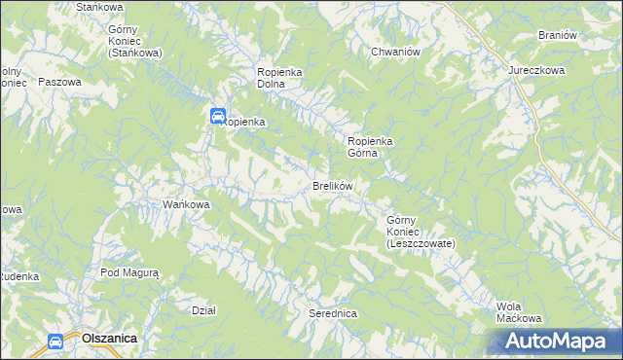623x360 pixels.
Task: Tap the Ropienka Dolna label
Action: (x=283, y=79)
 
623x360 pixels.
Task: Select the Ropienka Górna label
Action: (x=370, y=147)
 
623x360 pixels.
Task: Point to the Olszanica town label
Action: (x=109, y=338)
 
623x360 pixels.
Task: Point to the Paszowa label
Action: (x=58, y=83)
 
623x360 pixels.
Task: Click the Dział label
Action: (x=203, y=310)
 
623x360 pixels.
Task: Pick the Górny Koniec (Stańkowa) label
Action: (x=134, y=42)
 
